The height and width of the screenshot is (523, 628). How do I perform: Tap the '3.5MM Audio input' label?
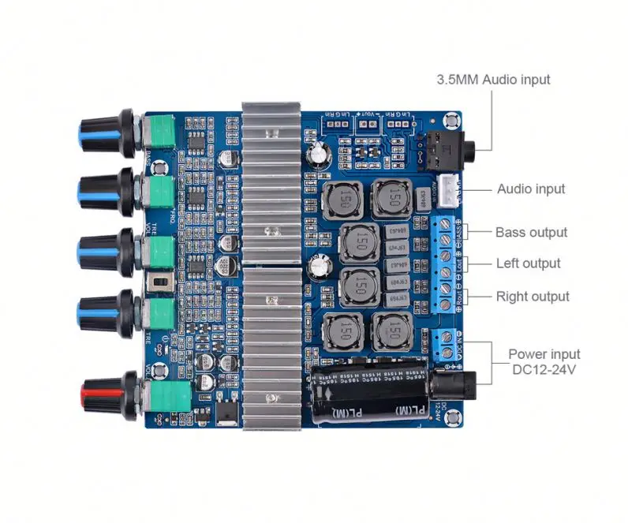[x=493, y=79]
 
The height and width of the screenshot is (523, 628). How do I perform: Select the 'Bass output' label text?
[x=531, y=232]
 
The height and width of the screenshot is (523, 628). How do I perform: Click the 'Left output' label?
[x=528, y=263]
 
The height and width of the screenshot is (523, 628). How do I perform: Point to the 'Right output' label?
[x=532, y=297]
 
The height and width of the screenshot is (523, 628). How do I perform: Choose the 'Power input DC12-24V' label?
[x=544, y=362]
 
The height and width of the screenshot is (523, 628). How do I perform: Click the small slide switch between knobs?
[x=163, y=282]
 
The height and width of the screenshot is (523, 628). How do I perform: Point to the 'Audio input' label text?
[x=530, y=189]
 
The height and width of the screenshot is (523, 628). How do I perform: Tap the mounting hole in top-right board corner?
[x=452, y=121]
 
